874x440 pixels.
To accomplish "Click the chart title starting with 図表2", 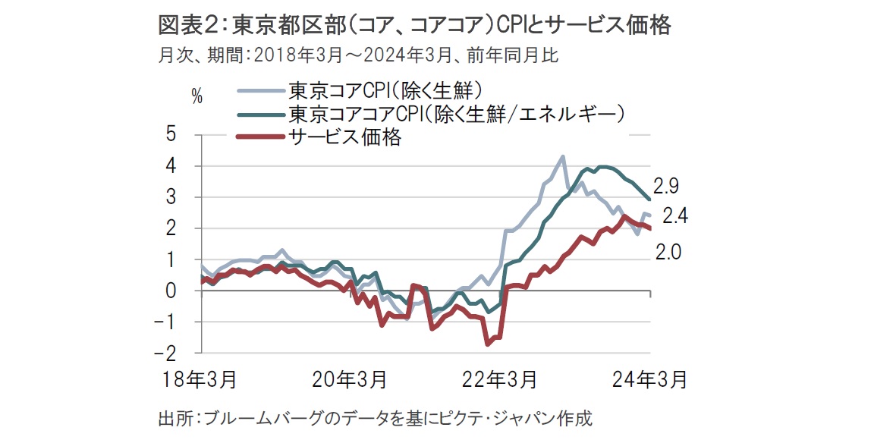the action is pyautogui.click(x=414, y=25).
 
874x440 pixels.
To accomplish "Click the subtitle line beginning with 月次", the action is pyautogui.click(x=358, y=55).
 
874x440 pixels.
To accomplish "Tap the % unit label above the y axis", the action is pyautogui.click(x=197, y=97).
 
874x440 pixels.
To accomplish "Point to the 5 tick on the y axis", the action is pyautogui.click(x=171, y=134).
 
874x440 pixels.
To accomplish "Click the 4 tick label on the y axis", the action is pyautogui.click(x=171, y=165).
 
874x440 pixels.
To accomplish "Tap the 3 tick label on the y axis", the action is pyautogui.click(x=171, y=196).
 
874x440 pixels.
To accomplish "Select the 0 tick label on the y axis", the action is pyautogui.click(x=171, y=291).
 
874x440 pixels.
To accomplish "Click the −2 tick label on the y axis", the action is pyautogui.click(x=167, y=353).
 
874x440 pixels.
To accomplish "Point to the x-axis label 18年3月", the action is pyautogui.click(x=200, y=380).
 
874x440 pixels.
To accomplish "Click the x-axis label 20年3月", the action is pyautogui.click(x=350, y=380).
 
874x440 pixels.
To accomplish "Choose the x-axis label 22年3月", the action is pyautogui.click(x=499, y=380).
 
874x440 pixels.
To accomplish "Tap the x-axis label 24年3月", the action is pyautogui.click(x=649, y=380).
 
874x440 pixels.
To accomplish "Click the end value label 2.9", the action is pyautogui.click(x=667, y=187).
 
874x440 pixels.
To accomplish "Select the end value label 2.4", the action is pyautogui.click(x=675, y=215).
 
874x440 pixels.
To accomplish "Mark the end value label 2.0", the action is pyautogui.click(x=668, y=253).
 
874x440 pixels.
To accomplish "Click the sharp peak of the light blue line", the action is pyautogui.click(x=562, y=157).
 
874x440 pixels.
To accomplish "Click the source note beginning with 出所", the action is pyautogui.click(x=375, y=418).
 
